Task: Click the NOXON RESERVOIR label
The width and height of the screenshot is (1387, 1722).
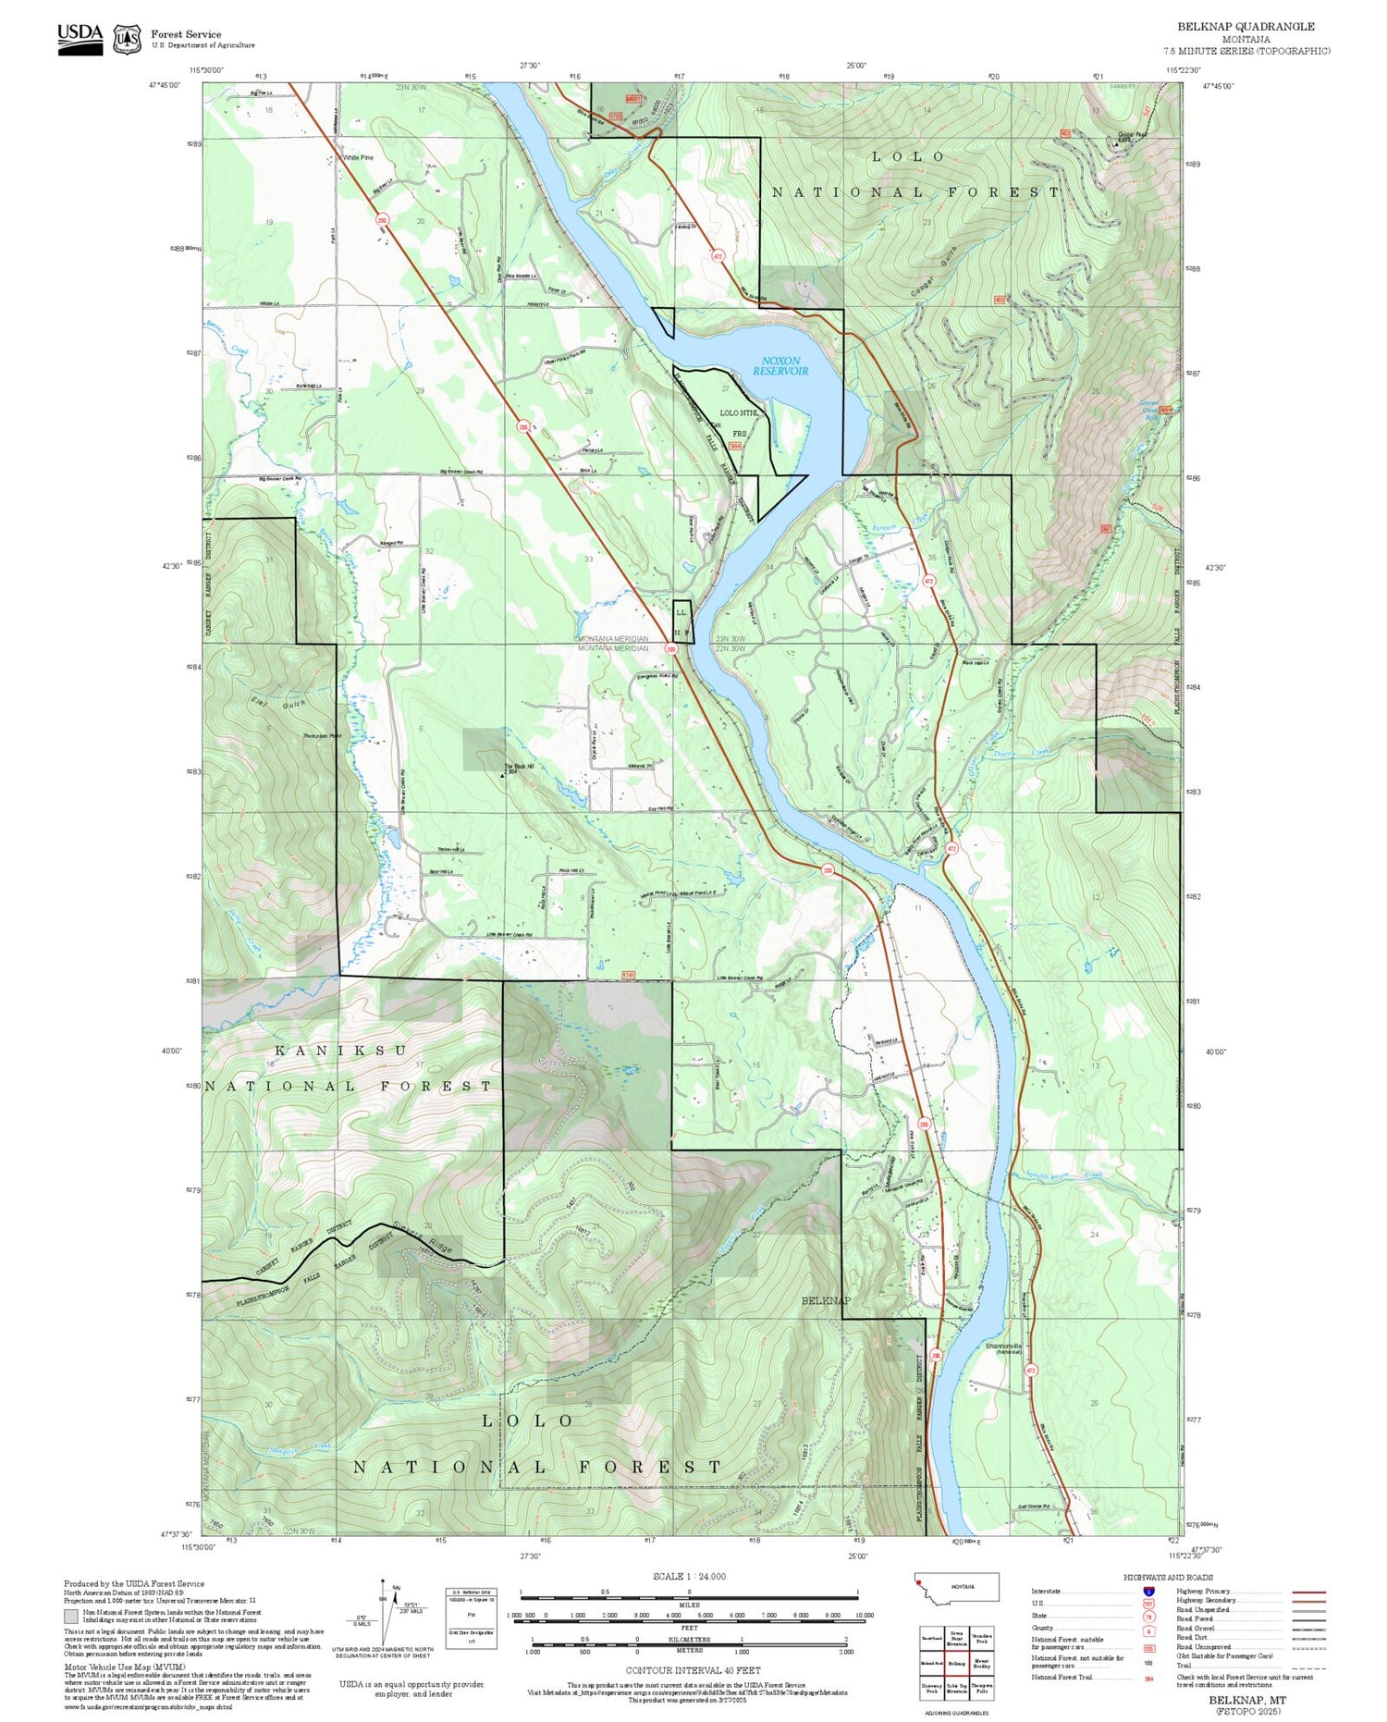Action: point(779,366)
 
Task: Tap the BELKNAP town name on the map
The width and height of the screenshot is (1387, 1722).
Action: point(826,1300)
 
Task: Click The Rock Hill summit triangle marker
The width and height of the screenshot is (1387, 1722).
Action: point(502,775)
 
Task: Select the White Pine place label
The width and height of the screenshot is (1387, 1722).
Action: point(358,158)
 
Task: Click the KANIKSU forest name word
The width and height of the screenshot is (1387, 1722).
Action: point(340,1051)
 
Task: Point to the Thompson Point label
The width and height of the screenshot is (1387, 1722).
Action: point(322,736)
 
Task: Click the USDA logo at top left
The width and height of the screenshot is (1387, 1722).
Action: point(80,38)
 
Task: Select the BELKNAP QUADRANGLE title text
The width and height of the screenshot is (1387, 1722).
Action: point(1246,27)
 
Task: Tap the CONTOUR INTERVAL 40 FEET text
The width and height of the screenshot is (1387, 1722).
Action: point(693,1670)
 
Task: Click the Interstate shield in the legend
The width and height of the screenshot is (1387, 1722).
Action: point(1148,1592)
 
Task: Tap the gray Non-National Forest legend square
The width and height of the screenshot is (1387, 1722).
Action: point(71,1617)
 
